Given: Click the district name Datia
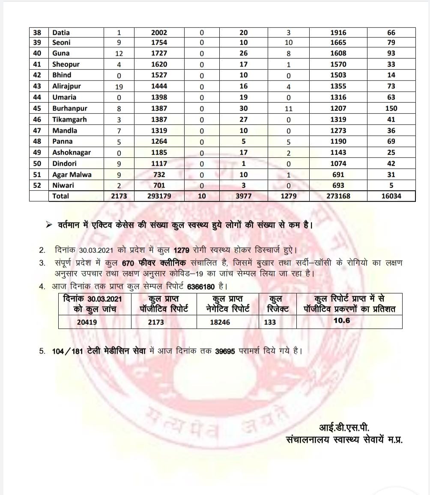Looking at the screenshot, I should (x=61, y=33).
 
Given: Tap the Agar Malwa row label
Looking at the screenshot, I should (x=72, y=175).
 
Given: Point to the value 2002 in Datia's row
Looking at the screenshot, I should (x=159, y=33).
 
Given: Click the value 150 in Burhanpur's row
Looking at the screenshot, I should (x=391, y=108).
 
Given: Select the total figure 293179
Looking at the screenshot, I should (x=159, y=196).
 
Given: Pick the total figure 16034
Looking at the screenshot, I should (x=391, y=196).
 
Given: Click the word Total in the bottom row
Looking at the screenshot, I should (x=60, y=196).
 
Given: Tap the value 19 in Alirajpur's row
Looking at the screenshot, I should (x=119, y=86).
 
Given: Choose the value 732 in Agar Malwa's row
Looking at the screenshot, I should (x=159, y=175).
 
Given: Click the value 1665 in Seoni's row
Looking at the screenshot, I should (x=338, y=42).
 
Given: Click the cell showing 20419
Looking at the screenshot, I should (x=87, y=322).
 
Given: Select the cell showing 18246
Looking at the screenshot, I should (x=220, y=322).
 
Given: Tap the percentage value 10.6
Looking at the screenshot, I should (x=341, y=320).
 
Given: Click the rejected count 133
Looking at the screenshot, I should (x=270, y=322).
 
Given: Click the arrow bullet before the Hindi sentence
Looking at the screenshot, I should (x=49, y=224).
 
